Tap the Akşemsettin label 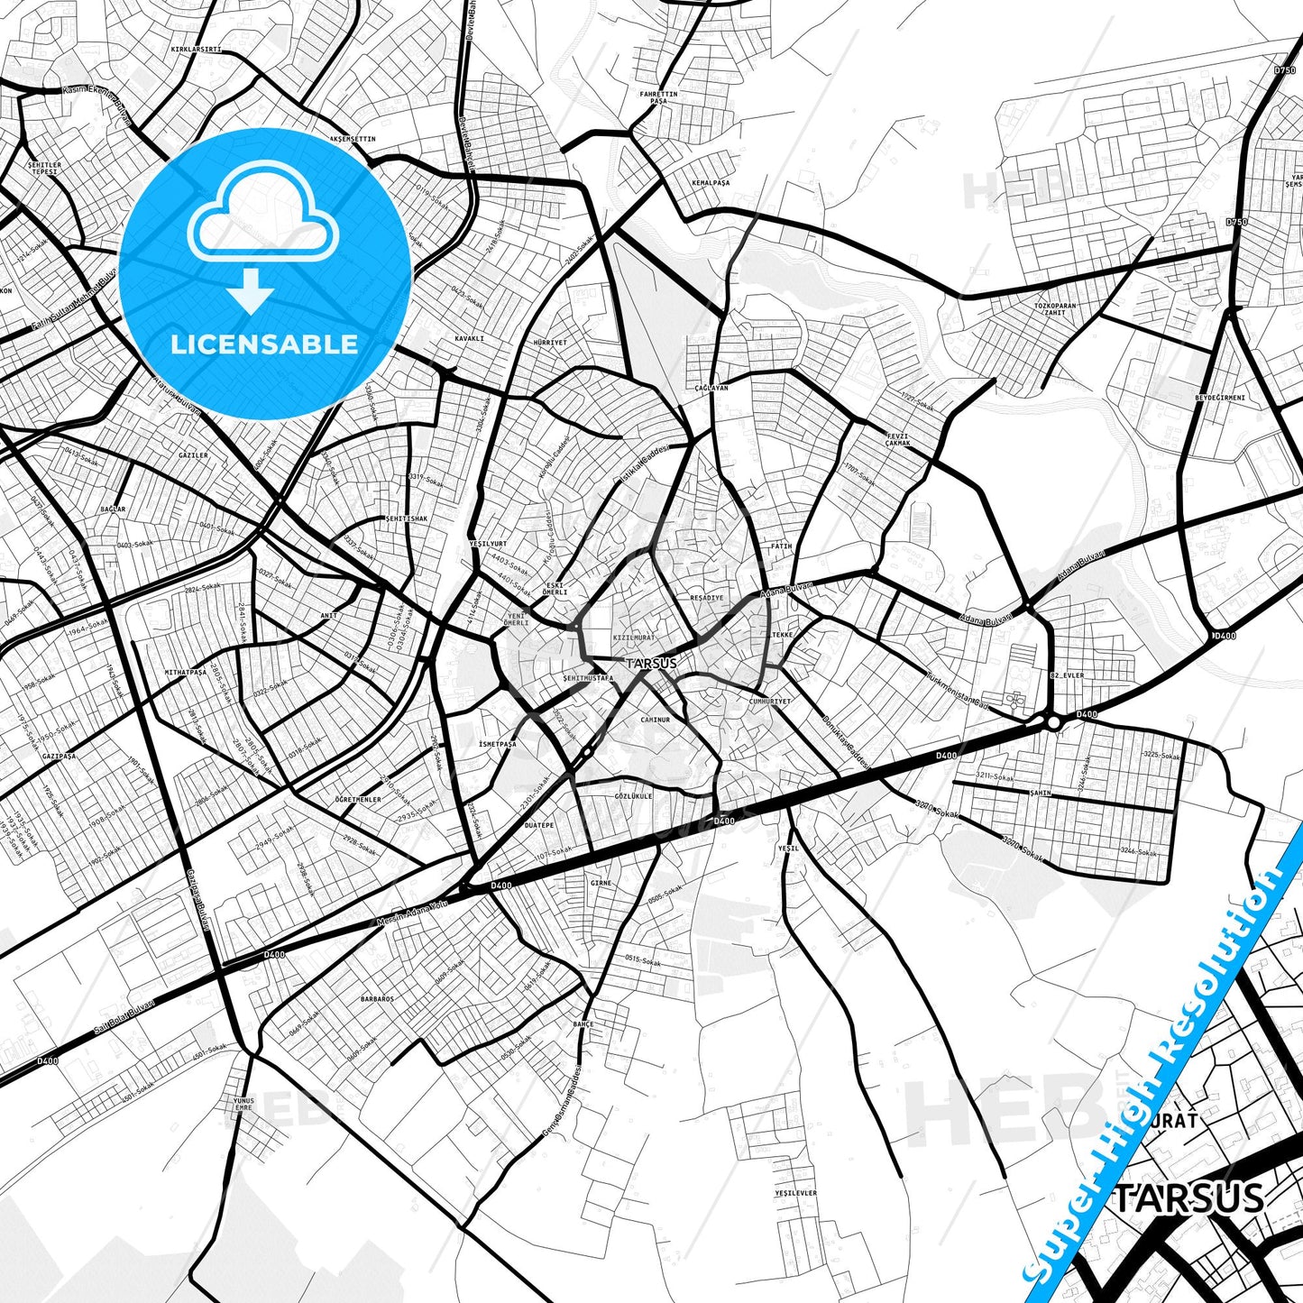point(352,139)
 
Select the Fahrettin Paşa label point(658,97)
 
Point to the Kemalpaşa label point(710,182)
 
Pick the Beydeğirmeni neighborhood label point(1219,398)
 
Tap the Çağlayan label point(711,387)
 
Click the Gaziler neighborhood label point(193,455)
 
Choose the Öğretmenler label point(358,800)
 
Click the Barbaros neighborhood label point(377,999)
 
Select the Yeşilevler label point(795,1193)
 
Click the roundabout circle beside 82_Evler point(1053,722)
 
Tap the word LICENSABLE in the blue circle point(264,344)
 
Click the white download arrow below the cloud point(251,290)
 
